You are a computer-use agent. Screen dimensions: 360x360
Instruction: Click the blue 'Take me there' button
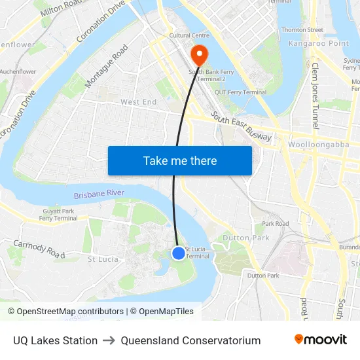tap(179, 160)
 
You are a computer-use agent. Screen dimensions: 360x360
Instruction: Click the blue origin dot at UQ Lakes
tap(179, 253)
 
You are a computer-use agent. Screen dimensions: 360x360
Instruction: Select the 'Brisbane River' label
tap(99, 194)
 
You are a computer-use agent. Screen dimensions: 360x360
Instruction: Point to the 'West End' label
tap(138, 102)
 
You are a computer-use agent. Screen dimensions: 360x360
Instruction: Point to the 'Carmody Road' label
tap(39, 248)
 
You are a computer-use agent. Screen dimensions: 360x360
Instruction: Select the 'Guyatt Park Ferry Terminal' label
tap(58, 215)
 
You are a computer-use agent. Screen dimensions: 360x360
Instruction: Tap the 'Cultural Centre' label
tap(189, 35)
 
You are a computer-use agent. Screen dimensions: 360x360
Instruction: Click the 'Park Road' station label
tap(276, 224)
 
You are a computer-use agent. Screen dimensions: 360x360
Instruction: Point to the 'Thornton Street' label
tap(302, 30)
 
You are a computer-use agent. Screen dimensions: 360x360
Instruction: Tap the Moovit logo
tap(320, 340)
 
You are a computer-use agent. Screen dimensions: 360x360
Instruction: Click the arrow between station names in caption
tap(109, 340)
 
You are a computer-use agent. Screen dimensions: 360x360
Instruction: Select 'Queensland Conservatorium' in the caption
tap(190, 340)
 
